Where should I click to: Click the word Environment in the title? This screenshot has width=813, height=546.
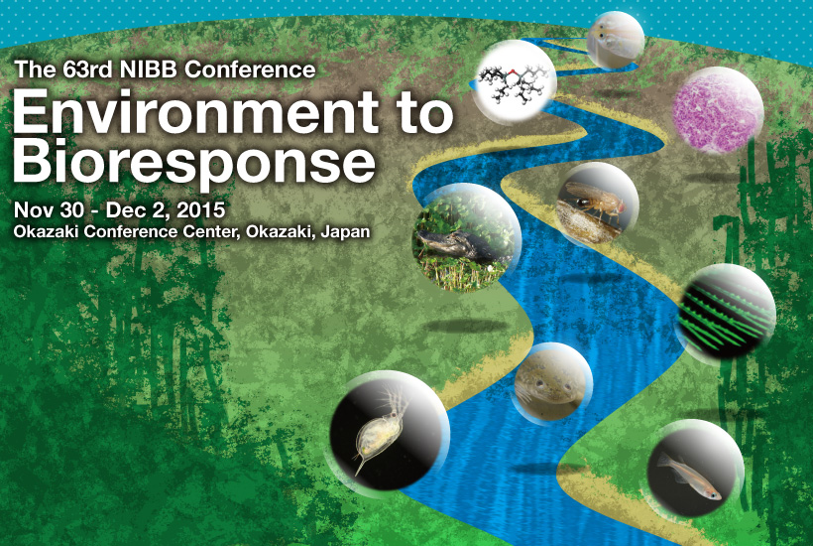click(196, 111)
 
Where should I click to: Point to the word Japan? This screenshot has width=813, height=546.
click(345, 231)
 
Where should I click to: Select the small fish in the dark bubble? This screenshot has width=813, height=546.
click(688, 476)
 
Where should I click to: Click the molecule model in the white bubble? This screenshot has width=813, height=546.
click(515, 82)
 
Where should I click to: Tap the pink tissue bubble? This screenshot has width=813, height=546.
click(718, 110)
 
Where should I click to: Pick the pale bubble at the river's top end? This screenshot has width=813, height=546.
click(616, 40)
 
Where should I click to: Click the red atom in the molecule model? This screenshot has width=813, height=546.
click(513, 71)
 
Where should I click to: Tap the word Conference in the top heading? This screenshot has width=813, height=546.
click(250, 69)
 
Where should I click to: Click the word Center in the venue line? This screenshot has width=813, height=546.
click(212, 231)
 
